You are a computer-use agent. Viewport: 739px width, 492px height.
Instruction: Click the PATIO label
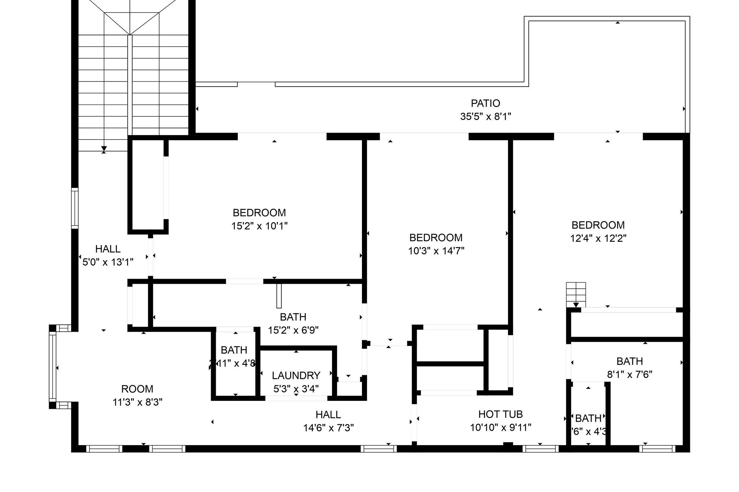coord(485,103)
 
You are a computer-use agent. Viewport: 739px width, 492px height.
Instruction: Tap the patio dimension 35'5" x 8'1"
coord(485,117)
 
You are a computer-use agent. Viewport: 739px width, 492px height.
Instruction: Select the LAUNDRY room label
coord(296,376)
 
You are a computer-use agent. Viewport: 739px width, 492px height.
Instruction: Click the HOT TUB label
coord(500,414)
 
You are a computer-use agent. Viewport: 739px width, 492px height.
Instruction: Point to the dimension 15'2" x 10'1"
coord(259,226)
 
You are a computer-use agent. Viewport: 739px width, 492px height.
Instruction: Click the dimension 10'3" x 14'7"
coord(436,251)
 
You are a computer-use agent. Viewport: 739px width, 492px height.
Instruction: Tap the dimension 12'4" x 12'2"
coord(598,238)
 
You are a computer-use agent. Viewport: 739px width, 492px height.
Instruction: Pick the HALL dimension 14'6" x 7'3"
coord(328,428)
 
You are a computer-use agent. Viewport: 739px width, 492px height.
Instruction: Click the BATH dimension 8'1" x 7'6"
coord(629,374)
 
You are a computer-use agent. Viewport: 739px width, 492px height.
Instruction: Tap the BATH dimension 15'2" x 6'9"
coord(293,330)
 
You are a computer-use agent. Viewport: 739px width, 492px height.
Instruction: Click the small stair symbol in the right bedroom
coord(576,293)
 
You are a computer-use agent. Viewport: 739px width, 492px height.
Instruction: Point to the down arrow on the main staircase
coord(104,148)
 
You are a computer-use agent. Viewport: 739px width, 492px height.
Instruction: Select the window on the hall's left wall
coord(75,208)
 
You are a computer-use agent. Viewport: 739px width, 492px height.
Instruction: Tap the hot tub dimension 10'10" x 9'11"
coord(500,427)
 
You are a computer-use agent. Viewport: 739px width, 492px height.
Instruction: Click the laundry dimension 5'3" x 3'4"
coord(296,389)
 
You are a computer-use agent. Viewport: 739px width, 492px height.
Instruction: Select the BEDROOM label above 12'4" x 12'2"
coord(598,225)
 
